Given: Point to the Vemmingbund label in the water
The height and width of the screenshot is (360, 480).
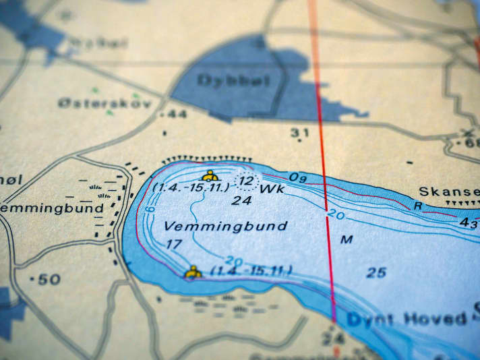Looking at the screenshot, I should coord(226,226).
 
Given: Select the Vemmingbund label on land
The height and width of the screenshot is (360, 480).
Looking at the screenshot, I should coord(53,208).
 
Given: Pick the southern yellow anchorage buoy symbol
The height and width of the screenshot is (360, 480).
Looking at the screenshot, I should coord(193,272).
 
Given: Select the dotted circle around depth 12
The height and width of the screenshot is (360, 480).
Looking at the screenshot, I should coord(247,181).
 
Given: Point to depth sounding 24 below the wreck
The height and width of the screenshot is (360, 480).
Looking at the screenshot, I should coord(241,200).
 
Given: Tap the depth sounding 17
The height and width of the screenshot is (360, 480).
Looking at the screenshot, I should coord(174,244).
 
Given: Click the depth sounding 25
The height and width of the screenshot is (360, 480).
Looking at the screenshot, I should coord(376,272).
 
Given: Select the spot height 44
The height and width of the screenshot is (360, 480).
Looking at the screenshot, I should coord(175,115).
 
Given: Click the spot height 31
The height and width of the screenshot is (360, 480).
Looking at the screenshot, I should coord(300,133).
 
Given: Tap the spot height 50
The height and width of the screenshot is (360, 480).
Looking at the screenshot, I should coord(48,279).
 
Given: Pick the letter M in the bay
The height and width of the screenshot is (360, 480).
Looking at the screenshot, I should coord(347,239).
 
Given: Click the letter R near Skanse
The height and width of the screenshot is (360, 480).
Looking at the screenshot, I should coord(418,206).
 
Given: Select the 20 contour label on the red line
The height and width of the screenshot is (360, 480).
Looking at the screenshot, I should coord(336,215).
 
